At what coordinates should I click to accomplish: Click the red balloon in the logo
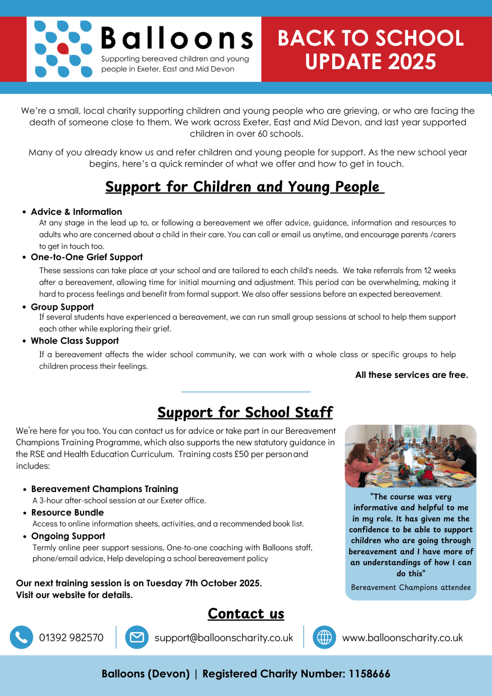pyautogui.click(x=63, y=49)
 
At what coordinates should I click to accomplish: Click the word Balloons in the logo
pyautogui.click(x=177, y=38)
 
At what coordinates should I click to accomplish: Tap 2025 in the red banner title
pyautogui.click(x=412, y=61)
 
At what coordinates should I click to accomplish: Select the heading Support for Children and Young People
pyautogui.click(x=244, y=187)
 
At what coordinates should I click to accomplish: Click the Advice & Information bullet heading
pyautogui.click(x=76, y=212)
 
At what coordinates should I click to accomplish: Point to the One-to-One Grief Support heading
pyautogui.click(x=87, y=257)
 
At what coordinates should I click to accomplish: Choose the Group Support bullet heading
pyautogui.click(x=62, y=307)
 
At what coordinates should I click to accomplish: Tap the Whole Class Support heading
pyautogui.click(x=75, y=341)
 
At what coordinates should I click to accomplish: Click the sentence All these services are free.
pyautogui.click(x=412, y=375)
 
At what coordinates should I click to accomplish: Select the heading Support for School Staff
pyautogui.click(x=245, y=412)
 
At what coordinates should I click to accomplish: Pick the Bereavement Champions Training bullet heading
pyautogui.click(x=104, y=489)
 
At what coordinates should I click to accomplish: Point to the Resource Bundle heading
pyautogui.click(x=67, y=512)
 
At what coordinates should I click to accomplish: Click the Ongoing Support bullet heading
pyautogui.click(x=68, y=536)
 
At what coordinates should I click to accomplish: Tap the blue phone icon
pyautogui.click(x=21, y=637)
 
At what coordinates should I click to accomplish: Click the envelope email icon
pyautogui.click(x=137, y=637)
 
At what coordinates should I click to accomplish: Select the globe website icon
pyautogui.click(x=324, y=637)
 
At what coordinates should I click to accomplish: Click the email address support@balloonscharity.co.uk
pyautogui.click(x=224, y=638)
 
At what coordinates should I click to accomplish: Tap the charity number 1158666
pyautogui.click(x=369, y=674)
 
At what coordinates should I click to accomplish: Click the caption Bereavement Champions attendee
pyautogui.click(x=411, y=587)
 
